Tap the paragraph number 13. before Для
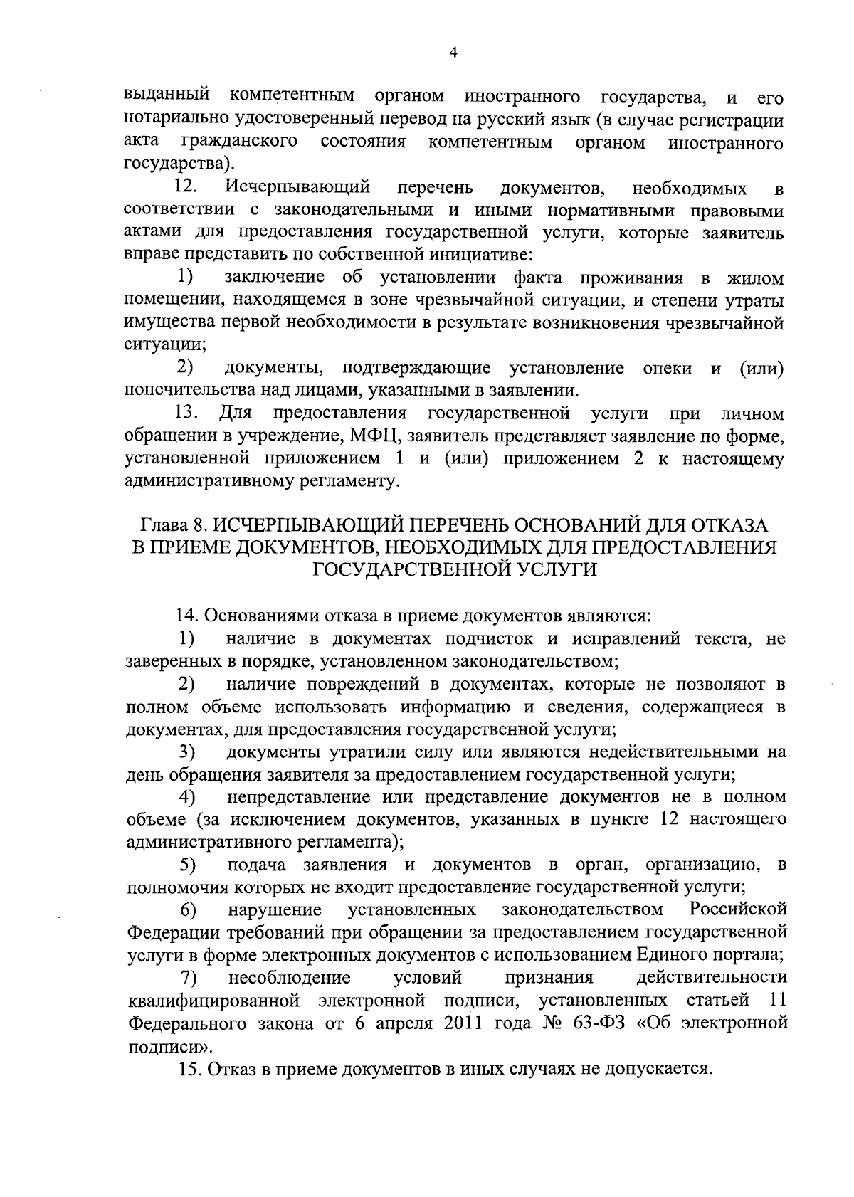pyautogui.click(x=186, y=413)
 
